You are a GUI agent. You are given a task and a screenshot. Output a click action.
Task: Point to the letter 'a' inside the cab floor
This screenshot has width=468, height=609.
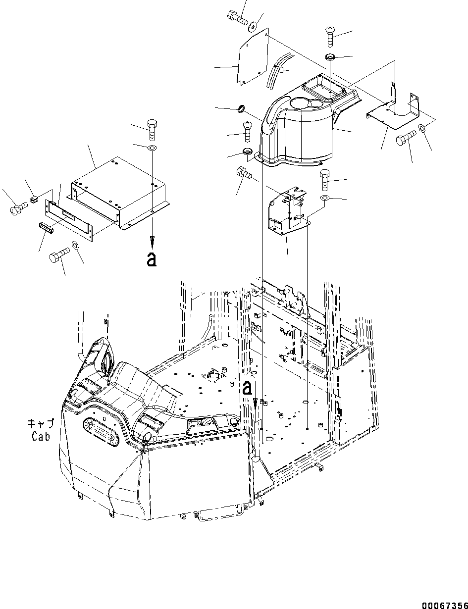(247, 388)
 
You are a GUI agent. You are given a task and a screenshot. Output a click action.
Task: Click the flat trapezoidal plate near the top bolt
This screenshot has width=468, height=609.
(253, 57)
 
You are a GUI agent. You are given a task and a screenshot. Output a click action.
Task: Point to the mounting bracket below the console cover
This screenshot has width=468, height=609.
(287, 210)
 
